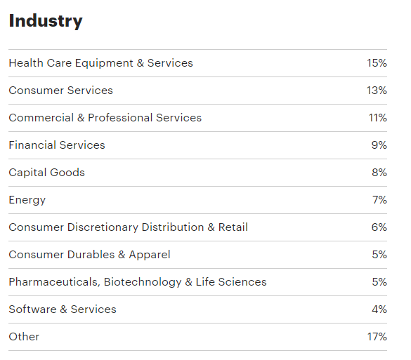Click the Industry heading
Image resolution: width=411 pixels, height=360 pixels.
click(45, 21)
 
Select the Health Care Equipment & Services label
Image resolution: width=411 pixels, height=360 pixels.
click(100, 63)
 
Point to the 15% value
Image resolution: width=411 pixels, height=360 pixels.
click(377, 63)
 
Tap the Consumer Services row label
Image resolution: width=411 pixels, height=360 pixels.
click(60, 91)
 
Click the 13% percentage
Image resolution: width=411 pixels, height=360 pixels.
click(377, 91)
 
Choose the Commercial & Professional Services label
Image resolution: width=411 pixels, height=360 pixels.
click(105, 118)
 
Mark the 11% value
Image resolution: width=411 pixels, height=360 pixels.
click(377, 118)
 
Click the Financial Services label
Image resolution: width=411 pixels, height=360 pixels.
click(57, 145)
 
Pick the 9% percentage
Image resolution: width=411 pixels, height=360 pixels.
click(379, 145)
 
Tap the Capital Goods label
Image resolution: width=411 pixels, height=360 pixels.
click(46, 173)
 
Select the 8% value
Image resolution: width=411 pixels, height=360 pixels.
click(379, 173)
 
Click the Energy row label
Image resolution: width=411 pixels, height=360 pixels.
click(27, 200)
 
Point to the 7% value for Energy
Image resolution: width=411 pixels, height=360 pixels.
click(379, 200)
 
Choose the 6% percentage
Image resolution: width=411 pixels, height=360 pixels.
click(379, 227)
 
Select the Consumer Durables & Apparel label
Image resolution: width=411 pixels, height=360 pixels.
click(89, 255)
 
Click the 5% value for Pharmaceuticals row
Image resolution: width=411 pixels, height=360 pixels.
click(379, 282)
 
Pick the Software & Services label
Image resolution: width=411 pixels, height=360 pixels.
click(63, 309)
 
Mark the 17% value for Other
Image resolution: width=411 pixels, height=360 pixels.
click(377, 337)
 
